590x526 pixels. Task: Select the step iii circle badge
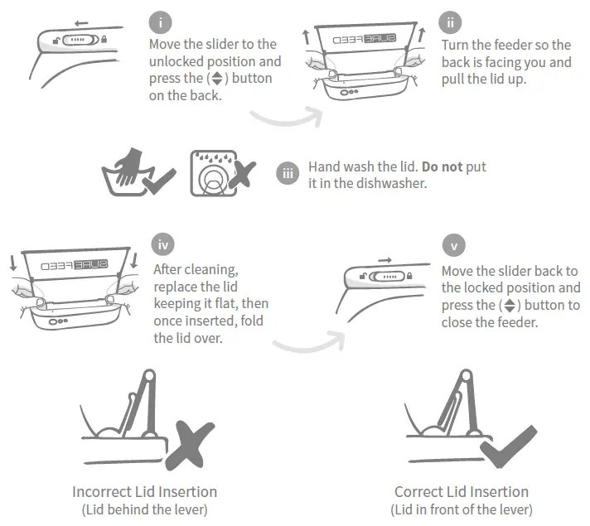click(x=288, y=174)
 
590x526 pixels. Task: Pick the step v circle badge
click(x=452, y=246)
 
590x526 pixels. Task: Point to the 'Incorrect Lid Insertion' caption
click(x=144, y=492)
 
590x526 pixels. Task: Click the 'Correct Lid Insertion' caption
click(x=462, y=492)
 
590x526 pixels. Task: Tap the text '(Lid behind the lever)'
click(x=144, y=509)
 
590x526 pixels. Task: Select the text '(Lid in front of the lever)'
click(x=462, y=509)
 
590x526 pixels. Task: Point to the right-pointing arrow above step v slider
click(x=383, y=259)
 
